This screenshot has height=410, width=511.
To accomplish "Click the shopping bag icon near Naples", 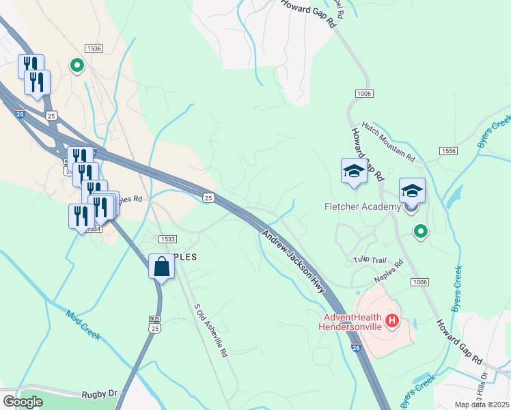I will tap(161, 266).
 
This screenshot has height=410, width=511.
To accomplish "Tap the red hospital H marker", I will tap(392, 320).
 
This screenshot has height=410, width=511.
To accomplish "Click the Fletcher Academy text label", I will tap(362, 206).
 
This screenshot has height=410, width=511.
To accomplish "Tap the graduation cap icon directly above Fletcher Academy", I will tap(412, 191).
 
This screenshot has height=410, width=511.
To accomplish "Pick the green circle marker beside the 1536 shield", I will tap(77, 66).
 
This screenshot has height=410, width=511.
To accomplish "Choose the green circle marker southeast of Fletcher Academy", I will tap(421, 232).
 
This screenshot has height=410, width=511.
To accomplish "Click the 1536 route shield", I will tap(94, 49).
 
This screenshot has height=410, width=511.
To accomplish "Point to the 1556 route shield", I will tap(448, 150).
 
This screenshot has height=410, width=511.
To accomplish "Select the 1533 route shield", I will tap(167, 238).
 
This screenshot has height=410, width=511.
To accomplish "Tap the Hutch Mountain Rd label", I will tap(388, 142).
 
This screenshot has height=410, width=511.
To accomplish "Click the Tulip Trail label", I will tap(370, 260).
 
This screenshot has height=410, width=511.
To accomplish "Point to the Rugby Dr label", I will tap(100, 394).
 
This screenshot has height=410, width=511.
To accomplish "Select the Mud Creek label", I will tap(83, 326).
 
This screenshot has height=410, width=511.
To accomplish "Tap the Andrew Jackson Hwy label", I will tap(293, 262).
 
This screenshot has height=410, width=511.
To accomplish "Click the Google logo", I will tap(23, 401).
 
